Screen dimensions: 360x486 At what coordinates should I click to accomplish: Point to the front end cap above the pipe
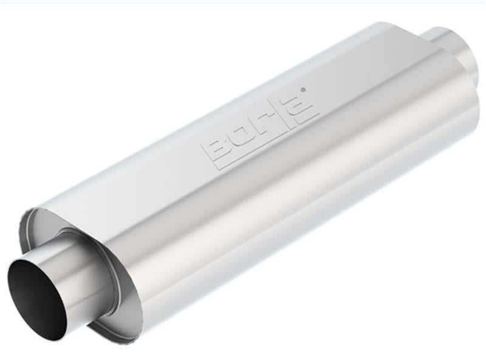[49, 225]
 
